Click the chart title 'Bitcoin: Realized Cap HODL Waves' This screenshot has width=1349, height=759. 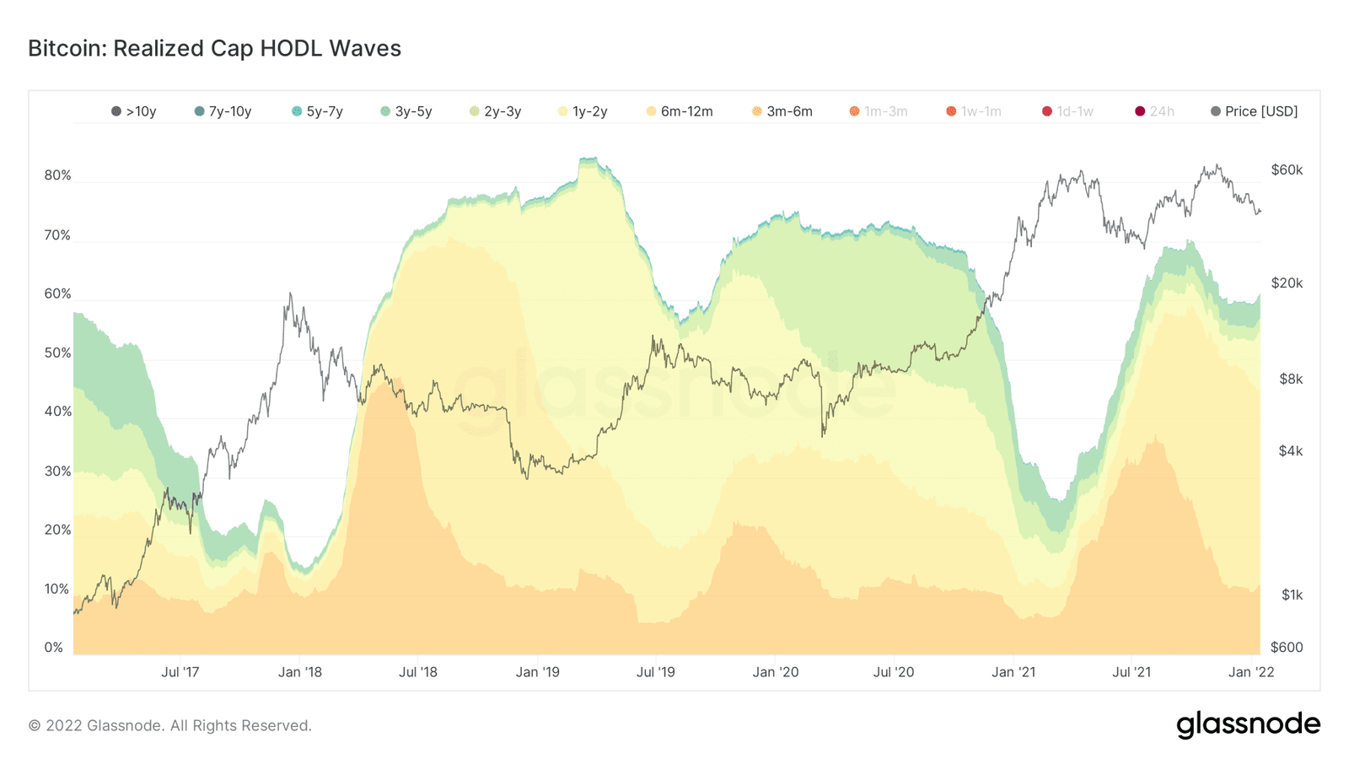(214, 48)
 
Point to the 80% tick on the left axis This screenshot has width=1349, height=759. (57, 175)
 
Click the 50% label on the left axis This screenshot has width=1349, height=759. (57, 353)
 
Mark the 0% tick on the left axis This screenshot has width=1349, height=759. (54, 648)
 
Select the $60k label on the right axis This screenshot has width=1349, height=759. (1287, 170)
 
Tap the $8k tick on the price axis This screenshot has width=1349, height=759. (1291, 379)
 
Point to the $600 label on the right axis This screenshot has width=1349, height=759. (1287, 648)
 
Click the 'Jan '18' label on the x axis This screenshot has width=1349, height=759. (299, 672)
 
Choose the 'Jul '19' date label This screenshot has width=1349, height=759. (655, 672)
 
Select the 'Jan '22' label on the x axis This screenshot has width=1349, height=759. (1251, 672)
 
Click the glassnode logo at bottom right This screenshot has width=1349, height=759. (1248, 724)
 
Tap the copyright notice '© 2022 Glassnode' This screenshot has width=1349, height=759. (169, 725)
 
